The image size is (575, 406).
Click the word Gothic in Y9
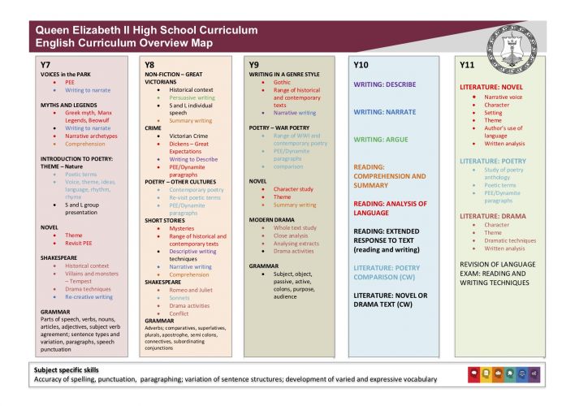pos(283,83)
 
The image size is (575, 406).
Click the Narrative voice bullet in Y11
pos(504,97)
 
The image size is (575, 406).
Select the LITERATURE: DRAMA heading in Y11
pos(492,215)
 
